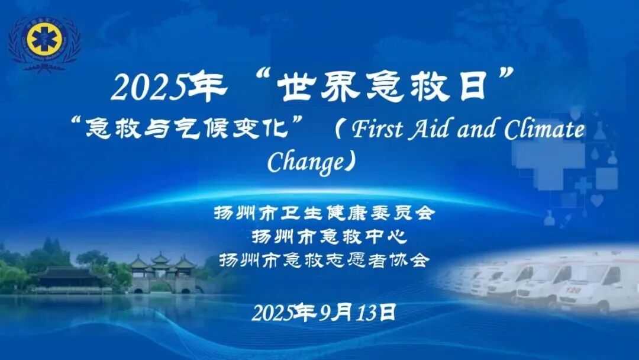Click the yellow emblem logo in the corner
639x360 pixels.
44,40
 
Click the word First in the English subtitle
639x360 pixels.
377,130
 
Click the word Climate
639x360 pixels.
544,130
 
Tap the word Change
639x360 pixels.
306,162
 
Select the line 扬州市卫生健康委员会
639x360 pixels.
325,213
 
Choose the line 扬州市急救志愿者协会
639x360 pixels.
325,260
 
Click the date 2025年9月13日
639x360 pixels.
324,313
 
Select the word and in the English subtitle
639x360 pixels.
477,130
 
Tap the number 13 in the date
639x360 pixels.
367,313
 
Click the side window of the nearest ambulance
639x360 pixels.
611,276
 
